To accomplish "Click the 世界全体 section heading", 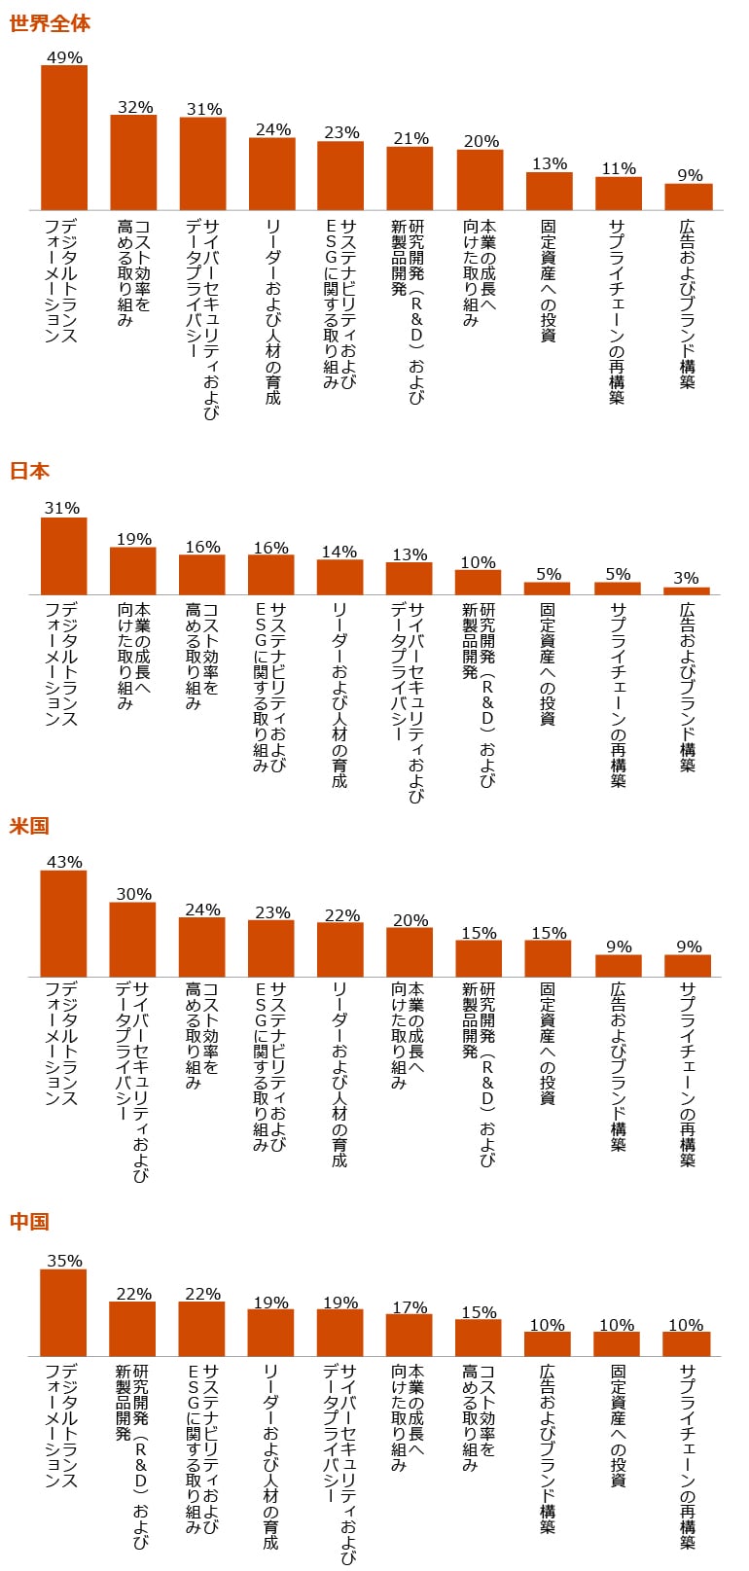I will [x=50, y=23].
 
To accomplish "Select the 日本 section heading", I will [x=29, y=471].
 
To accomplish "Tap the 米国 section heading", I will [x=29, y=826].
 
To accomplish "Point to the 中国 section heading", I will [x=29, y=1221].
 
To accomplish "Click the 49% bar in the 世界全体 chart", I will [x=64, y=137].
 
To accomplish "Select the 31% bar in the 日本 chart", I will [x=64, y=555].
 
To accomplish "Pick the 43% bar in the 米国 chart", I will [x=63, y=923].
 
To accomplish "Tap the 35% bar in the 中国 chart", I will [x=63, y=1312].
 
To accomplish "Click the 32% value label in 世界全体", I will [x=135, y=107].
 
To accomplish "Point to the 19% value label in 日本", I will [x=134, y=539].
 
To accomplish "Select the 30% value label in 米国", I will [x=133, y=894].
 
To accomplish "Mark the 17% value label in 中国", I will [x=410, y=1306].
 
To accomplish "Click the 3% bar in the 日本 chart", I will [x=687, y=590].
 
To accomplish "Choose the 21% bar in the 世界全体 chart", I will [x=410, y=178].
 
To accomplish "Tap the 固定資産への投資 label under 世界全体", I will [x=548, y=281].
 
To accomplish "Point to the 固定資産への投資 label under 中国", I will [x=617, y=1425].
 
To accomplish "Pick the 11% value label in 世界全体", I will [x=619, y=168].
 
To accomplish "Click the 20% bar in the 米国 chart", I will [x=410, y=951].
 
